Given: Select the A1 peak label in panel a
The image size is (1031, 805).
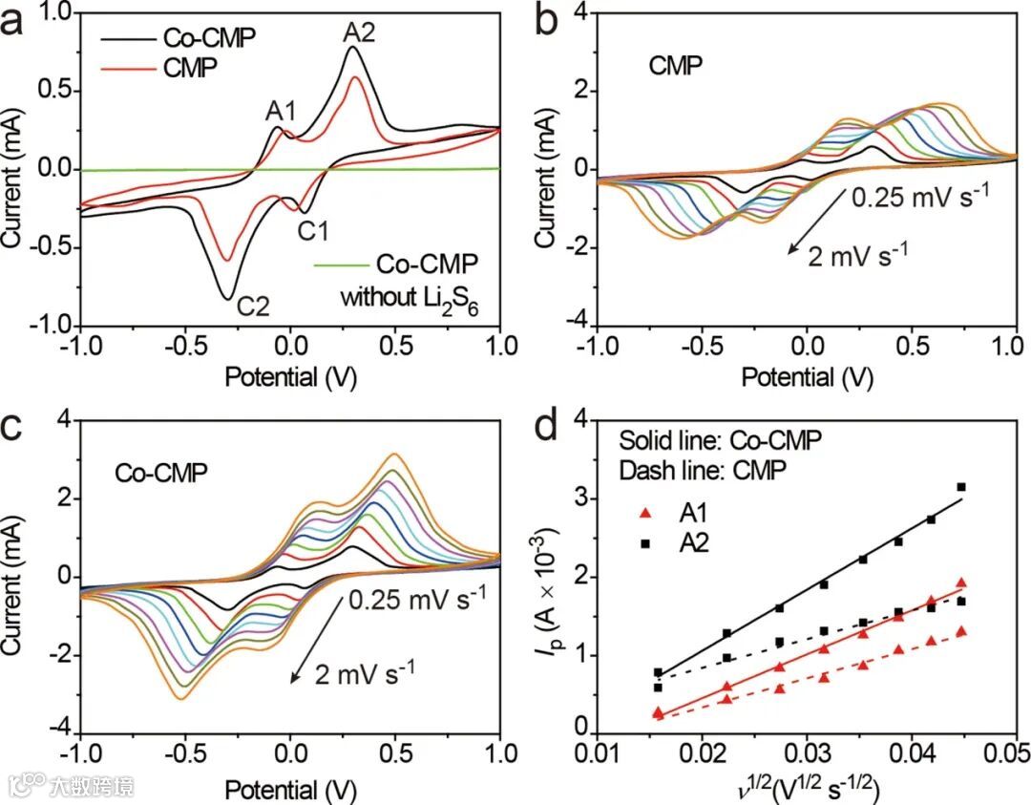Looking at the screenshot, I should point(282,111).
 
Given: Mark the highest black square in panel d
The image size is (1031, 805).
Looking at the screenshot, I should point(961,487).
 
